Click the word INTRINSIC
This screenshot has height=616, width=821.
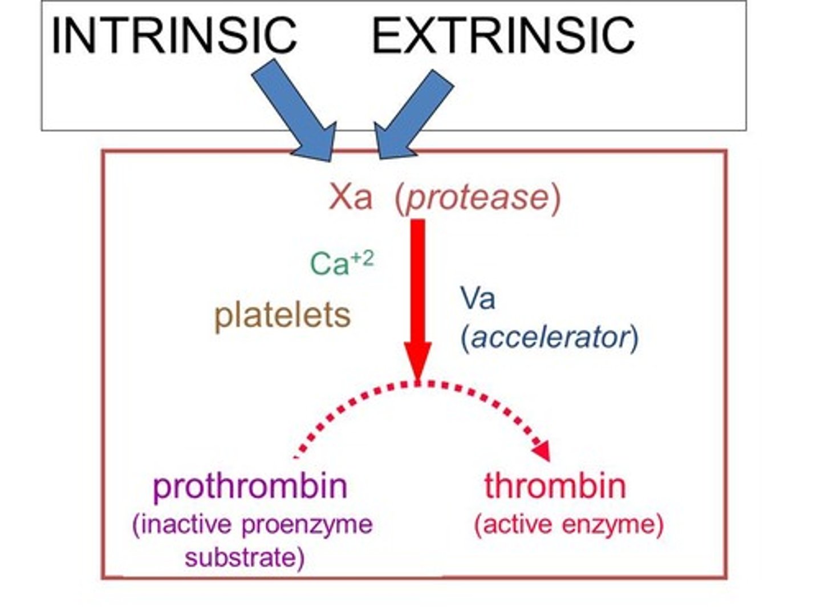point(174,35)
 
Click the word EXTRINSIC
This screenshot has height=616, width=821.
point(503,35)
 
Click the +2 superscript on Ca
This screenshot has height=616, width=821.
point(362,258)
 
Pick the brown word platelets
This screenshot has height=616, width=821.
point(282,315)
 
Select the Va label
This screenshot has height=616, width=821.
point(478,298)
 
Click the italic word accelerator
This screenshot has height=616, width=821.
point(550,337)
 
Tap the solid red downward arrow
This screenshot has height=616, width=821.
point(418,297)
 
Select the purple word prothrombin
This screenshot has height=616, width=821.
point(250,486)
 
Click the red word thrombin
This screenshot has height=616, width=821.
point(555,486)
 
